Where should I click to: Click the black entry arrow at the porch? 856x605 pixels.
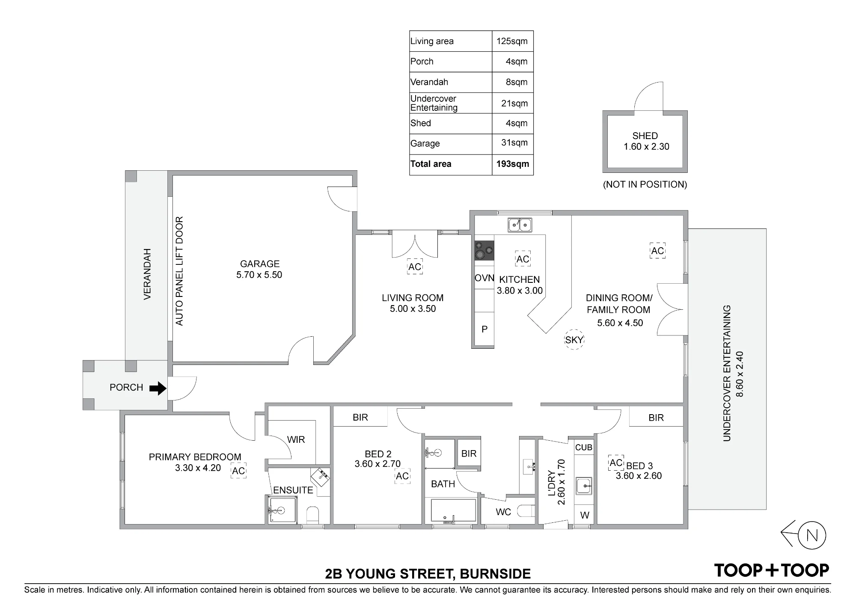(158, 388)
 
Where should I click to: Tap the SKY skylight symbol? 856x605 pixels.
(574, 340)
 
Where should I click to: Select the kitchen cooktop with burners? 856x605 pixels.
(484, 250)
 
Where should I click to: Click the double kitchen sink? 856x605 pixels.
(520, 225)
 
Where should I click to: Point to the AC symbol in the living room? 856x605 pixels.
(415, 267)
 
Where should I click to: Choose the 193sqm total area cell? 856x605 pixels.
(512, 164)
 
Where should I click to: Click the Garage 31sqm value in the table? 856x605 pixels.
(514, 143)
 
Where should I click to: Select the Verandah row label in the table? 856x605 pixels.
(429, 82)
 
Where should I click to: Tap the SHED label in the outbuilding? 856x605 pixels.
(645, 136)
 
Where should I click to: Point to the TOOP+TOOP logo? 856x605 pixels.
(771, 570)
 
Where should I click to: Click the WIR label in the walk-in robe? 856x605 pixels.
(296, 439)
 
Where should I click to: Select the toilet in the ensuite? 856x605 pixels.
(313, 515)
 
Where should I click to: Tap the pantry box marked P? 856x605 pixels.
(484, 329)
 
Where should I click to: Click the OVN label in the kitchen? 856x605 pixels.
(484, 278)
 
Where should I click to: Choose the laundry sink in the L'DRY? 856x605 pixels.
(584, 486)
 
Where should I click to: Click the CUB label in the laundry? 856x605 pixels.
(584, 448)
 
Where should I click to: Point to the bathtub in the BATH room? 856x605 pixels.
(453, 511)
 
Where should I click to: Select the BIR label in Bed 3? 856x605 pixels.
(656, 418)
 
